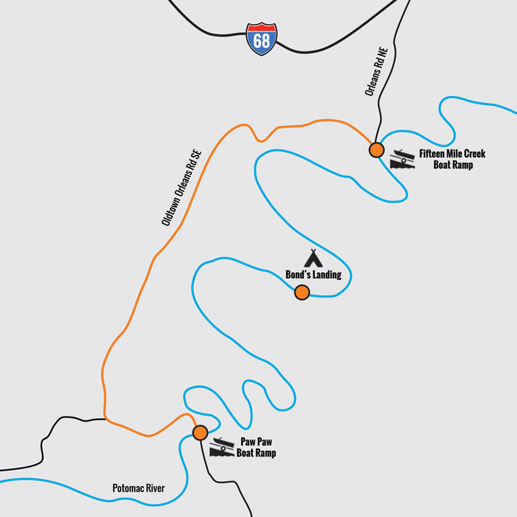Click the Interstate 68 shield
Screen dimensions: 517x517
click(x=262, y=39)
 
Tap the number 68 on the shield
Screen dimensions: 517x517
click(x=262, y=41)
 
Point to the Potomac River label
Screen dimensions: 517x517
click(x=139, y=488)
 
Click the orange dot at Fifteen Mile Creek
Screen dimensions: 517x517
click(x=376, y=150)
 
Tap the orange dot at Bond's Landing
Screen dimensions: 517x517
click(x=302, y=293)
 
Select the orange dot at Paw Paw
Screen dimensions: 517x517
click(x=200, y=432)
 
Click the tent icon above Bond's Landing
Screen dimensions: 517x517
click(x=313, y=258)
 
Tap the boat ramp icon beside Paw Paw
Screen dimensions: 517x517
click(x=221, y=448)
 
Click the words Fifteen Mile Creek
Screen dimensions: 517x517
click(x=452, y=154)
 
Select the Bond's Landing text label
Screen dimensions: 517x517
click(x=313, y=275)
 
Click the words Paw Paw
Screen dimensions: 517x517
click(x=256, y=443)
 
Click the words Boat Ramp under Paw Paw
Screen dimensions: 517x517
click(x=256, y=453)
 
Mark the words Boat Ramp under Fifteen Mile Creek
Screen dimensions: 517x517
click(x=453, y=165)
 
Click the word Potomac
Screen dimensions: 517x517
click(x=126, y=488)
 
